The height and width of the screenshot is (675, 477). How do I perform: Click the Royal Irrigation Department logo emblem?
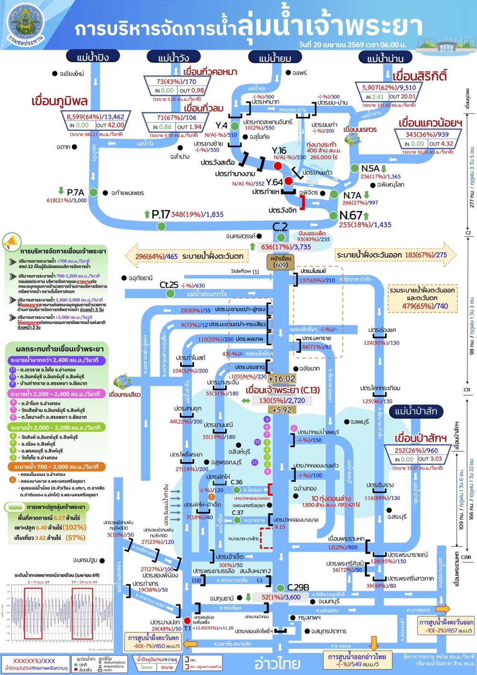pyautogui.click(x=26, y=24)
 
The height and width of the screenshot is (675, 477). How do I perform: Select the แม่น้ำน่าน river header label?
pyautogui.click(x=385, y=58)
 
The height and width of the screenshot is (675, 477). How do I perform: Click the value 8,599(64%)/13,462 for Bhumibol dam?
pyautogui.click(x=95, y=116)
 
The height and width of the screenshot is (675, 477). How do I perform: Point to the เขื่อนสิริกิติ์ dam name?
pyautogui.click(x=420, y=76)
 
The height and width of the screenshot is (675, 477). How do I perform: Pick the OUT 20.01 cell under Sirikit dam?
pyautogui.click(x=403, y=96)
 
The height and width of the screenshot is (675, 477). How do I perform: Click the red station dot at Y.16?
pyautogui.click(x=278, y=165)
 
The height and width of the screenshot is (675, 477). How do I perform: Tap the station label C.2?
pyautogui.click(x=280, y=227)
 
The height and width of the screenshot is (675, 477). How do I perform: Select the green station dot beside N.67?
pyautogui.click(x=333, y=216)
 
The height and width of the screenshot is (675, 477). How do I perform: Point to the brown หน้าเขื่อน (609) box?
pyautogui.click(x=280, y=262)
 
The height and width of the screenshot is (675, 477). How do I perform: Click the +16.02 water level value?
pyautogui.click(x=282, y=379)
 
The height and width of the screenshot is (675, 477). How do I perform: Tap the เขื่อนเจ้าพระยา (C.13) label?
pyautogui.click(x=282, y=390)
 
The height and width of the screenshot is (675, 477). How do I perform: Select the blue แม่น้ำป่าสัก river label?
pyautogui.click(x=416, y=411)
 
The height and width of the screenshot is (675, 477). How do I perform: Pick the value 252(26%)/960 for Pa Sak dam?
pyautogui.click(x=416, y=450)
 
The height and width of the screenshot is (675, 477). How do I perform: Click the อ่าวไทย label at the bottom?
pyautogui.click(x=277, y=663)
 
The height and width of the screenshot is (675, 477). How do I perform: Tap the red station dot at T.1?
pyautogui.click(x=187, y=620)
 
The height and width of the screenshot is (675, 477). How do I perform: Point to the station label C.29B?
pyautogui.click(x=298, y=587)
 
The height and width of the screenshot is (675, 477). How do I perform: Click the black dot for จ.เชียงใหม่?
pyautogui.click(x=55, y=74)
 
